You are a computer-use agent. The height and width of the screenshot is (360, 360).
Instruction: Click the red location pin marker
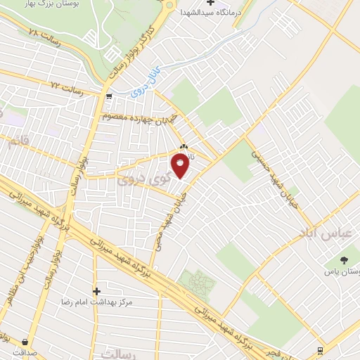click(181, 167)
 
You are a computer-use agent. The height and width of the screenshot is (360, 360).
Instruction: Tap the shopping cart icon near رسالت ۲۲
click(108, 96)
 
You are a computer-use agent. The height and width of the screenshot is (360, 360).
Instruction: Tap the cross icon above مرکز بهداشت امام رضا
click(96, 290)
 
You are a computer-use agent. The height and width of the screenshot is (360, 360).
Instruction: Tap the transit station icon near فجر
click(321, 349)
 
